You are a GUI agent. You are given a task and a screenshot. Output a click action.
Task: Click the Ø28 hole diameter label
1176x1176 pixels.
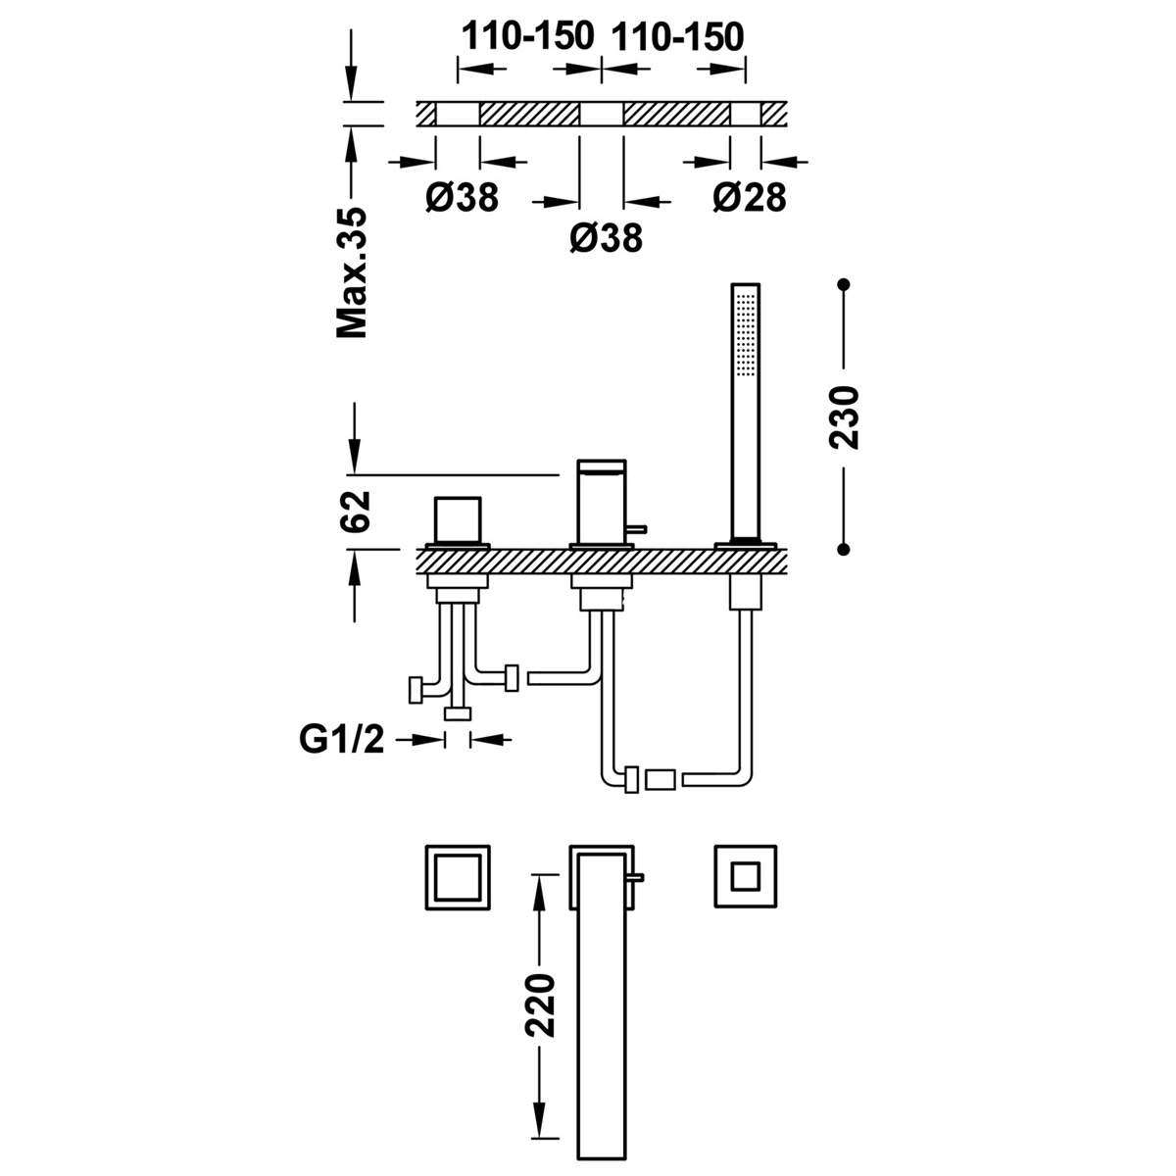(x=750, y=198)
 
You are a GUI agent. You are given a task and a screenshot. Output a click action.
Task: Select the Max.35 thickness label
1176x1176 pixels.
(x=352, y=272)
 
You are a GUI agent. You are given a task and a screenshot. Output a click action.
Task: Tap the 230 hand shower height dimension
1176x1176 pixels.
(x=844, y=417)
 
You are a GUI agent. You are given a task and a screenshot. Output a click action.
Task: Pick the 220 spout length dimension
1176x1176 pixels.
(x=540, y=1005)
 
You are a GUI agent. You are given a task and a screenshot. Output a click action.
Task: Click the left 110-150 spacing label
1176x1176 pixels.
(x=528, y=37)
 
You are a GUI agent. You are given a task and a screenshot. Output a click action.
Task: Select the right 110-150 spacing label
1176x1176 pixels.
(x=677, y=37)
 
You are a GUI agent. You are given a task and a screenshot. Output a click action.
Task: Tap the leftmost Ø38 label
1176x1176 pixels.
(x=463, y=198)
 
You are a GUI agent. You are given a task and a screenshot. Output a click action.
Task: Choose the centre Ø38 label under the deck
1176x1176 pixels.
(x=606, y=237)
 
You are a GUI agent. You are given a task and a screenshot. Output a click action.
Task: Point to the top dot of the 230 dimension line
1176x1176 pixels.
(x=843, y=285)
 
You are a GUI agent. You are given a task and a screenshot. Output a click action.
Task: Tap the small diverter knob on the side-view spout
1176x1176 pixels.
(x=634, y=530)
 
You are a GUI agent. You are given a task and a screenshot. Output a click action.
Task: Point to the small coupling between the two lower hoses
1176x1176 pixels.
(x=661, y=780)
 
